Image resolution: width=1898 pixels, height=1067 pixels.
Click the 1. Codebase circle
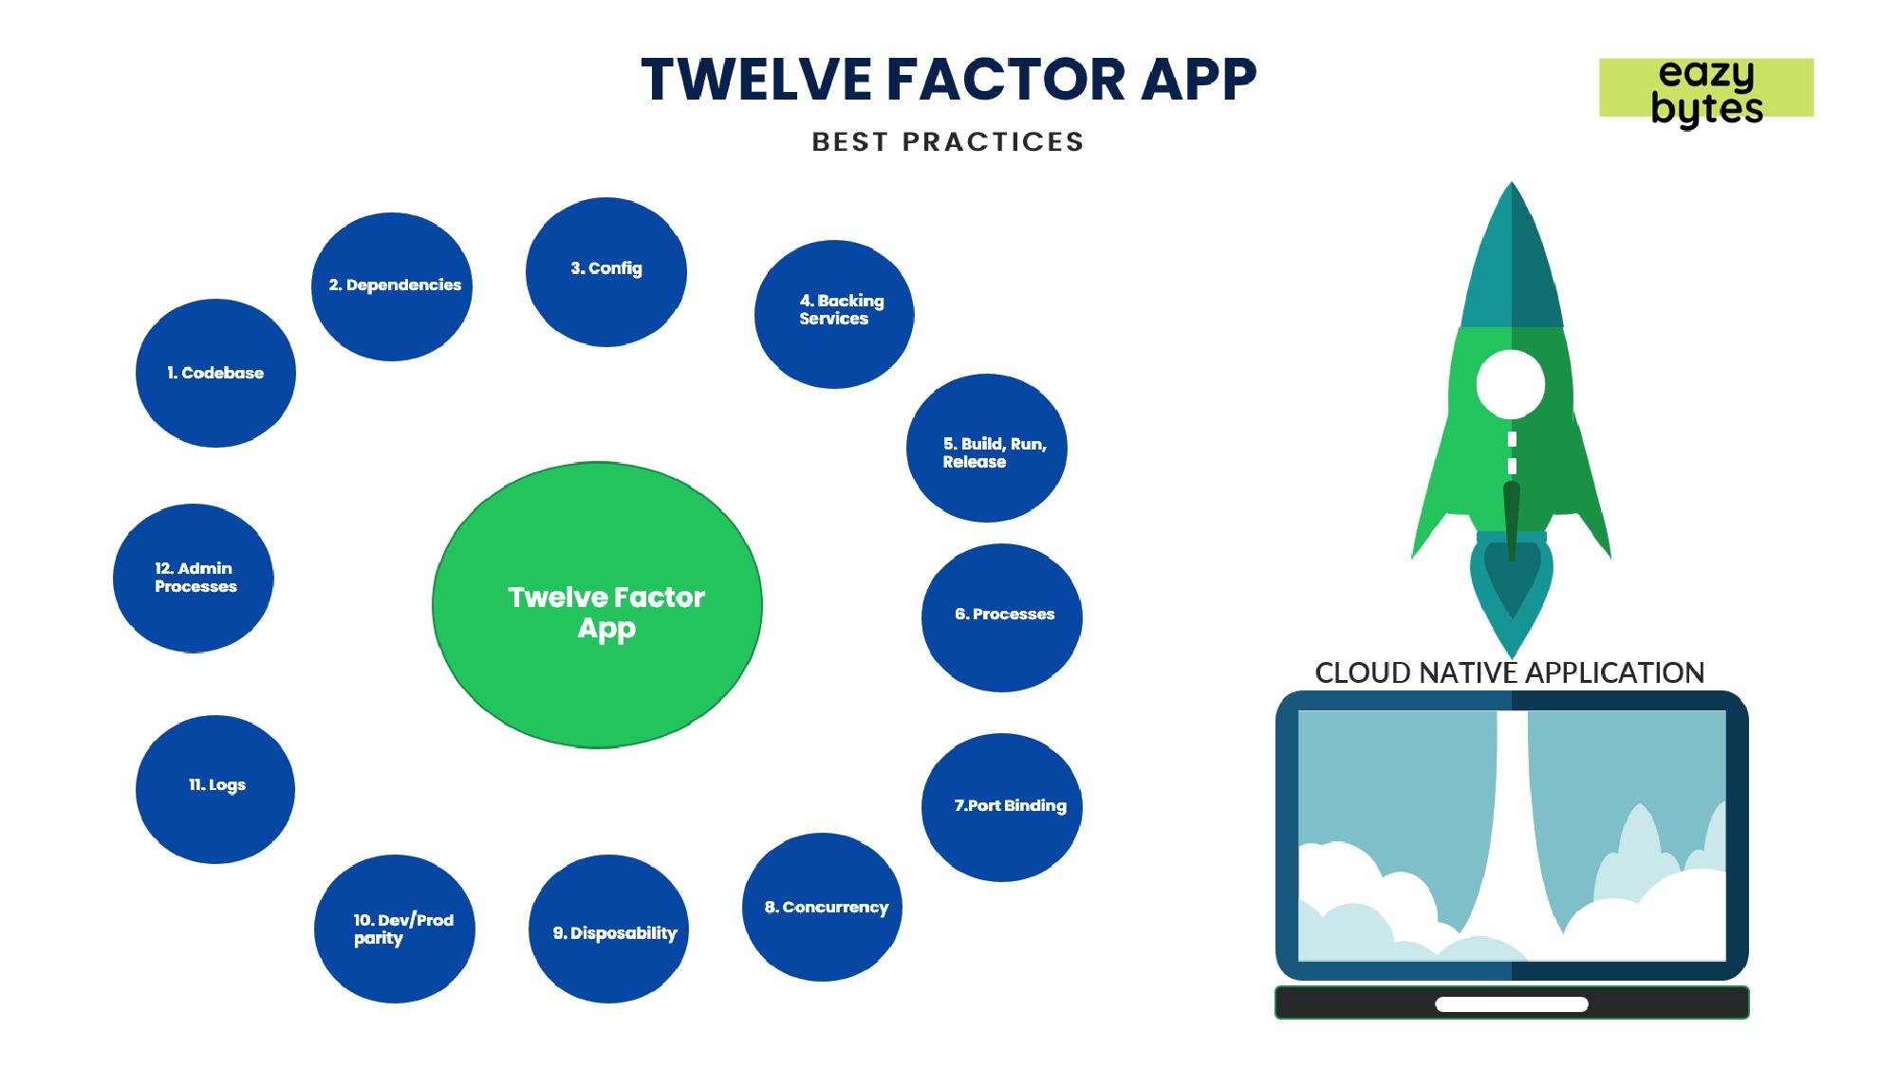pos(215,373)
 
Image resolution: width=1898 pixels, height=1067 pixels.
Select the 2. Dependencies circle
pos(392,286)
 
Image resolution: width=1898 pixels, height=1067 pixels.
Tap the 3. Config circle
pos(606,272)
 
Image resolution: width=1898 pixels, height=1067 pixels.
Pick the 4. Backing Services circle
pos(834,314)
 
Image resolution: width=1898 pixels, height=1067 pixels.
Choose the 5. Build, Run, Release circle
pos(987,448)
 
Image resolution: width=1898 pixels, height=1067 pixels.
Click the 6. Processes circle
pos(1002,617)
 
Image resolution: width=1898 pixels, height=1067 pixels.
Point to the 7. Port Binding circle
pos(1002,807)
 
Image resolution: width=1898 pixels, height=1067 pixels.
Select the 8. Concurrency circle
pos(822,907)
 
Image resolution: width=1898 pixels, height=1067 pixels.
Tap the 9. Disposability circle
pos(609,929)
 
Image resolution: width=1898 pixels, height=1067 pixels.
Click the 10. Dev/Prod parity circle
pos(395,929)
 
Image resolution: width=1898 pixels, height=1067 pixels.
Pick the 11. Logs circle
pos(215,789)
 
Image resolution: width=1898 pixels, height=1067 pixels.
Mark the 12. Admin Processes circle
pos(194,578)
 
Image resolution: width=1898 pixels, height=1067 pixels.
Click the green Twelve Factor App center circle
pos(597,605)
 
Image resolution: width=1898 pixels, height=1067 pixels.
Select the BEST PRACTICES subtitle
pos(948,142)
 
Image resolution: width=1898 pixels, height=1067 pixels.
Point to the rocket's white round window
pos(1511,384)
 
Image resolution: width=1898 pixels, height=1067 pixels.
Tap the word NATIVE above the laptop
pos(1468,673)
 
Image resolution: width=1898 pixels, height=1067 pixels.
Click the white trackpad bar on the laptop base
pos(1512,1004)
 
